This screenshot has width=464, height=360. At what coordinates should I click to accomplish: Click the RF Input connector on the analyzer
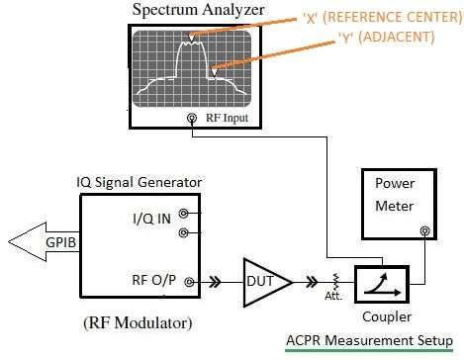point(191,120)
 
